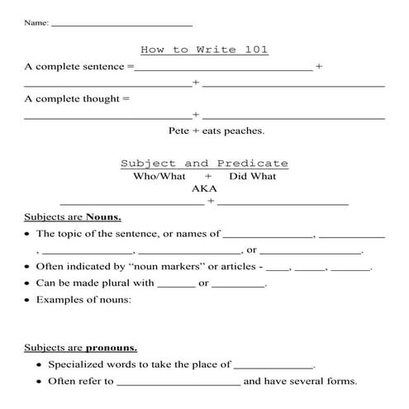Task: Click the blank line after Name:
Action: (x=121, y=24)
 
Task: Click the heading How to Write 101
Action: (x=204, y=50)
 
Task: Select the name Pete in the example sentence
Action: (x=179, y=131)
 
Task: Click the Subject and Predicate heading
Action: (x=204, y=164)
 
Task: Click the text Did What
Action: (x=253, y=176)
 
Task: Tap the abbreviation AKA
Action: (x=204, y=188)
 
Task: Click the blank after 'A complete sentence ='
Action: (x=223, y=67)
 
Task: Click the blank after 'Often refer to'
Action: (x=178, y=382)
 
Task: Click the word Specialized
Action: (x=76, y=364)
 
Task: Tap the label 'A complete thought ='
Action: (x=78, y=99)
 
